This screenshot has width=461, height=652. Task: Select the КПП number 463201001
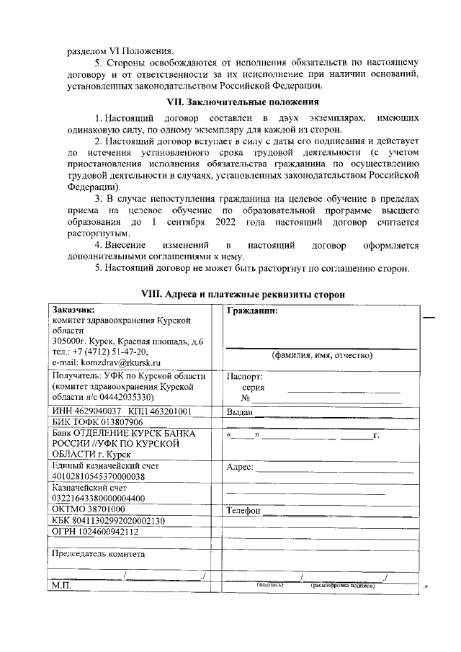[x=170, y=411]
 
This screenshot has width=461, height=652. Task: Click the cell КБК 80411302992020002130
[x=109, y=521]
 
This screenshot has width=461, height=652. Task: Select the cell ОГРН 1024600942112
[x=96, y=532]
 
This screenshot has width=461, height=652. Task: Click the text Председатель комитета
[x=98, y=554]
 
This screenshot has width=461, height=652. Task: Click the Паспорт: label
[x=245, y=376]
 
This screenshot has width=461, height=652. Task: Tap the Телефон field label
[x=243, y=510]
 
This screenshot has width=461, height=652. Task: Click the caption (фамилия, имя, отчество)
[x=321, y=355]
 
